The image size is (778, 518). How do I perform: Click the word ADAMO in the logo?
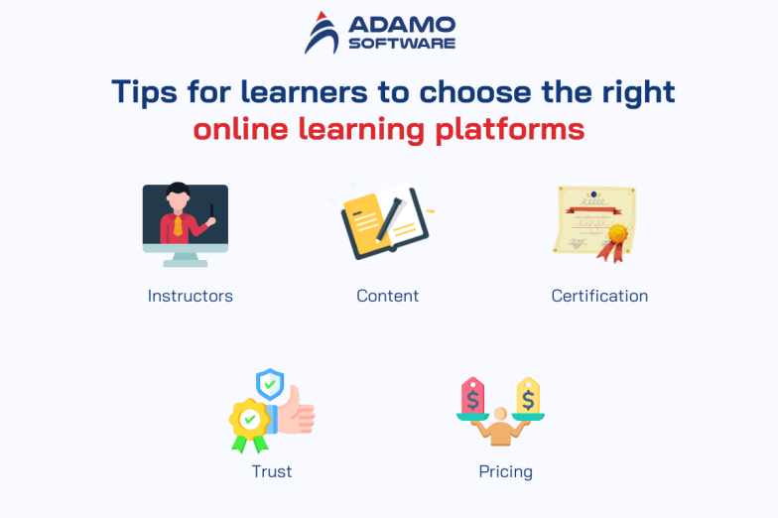coord(402,23)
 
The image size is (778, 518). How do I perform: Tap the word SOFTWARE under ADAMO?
coord(402,43)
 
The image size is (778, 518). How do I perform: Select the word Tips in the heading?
coord(143,92)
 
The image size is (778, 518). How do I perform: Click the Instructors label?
coord(191,296)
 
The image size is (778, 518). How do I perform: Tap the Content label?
coord(388,296)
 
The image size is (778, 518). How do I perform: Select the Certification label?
coord(599,296)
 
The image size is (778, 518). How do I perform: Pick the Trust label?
coord(272,471)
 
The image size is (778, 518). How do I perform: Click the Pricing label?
coord(505,471)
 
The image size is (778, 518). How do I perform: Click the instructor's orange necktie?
coord(178,224)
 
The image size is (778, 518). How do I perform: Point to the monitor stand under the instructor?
coord(185,258)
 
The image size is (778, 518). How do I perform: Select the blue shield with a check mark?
coord(269,382)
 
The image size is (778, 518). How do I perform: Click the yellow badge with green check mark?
coord(249,420)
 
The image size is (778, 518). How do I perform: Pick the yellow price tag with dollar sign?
coord(528,396)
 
